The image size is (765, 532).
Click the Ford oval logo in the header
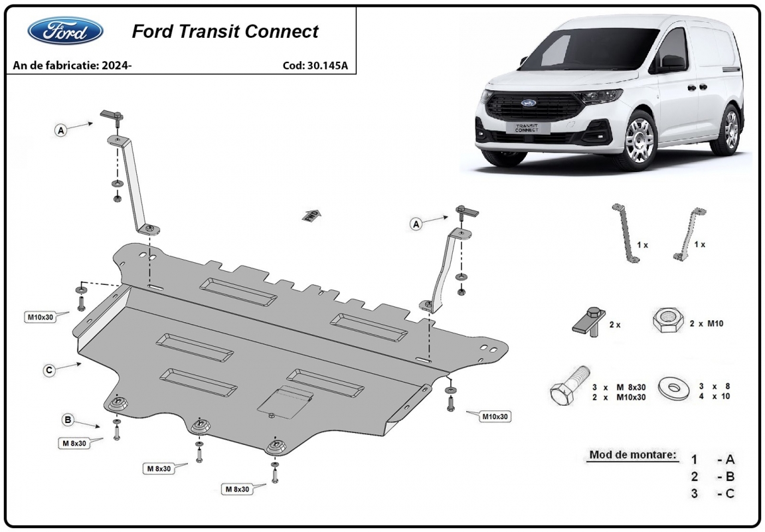coord(65,31)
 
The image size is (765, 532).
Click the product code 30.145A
coord(327,66)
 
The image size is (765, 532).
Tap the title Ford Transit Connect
coord(225,31)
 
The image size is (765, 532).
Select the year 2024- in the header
coord(117,65)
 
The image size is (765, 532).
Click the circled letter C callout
coord(48,371)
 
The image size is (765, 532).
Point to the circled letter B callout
coord(68,420)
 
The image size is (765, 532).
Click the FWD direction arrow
coord(311,216)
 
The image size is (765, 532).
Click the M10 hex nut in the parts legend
coord(667,321)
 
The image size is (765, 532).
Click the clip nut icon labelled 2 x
coord(590,321)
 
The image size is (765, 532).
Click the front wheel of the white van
coord(638,139)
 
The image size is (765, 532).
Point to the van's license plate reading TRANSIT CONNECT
coord(527,128)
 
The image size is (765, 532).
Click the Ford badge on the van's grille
coord(528,103)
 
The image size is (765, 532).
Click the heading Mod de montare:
coord(633,455)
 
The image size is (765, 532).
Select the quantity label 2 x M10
coord(707,323)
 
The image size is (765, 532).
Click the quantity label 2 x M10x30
coord(619,397)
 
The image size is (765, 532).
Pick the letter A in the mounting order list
coord(730,460)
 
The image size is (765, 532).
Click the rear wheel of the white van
coord(729,130)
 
